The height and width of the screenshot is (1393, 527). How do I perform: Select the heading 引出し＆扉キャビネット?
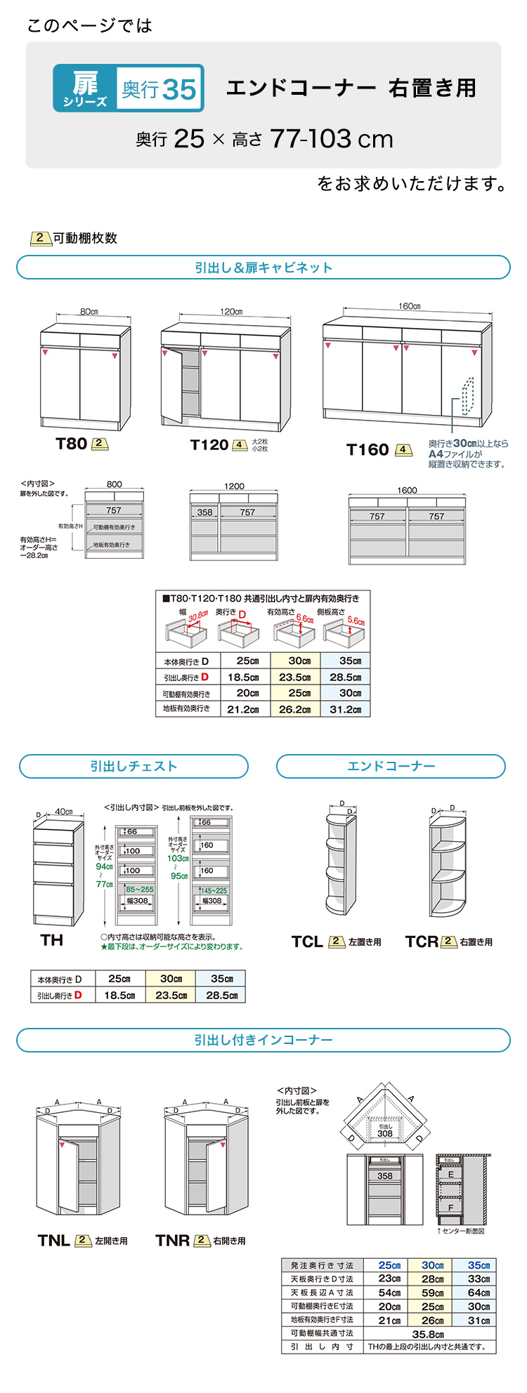tap(263, 268)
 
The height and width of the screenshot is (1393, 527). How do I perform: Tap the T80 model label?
tap(71, 444)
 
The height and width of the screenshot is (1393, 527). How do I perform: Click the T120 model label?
tap(209, 445)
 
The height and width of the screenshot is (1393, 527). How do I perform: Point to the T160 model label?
tap(367, 450)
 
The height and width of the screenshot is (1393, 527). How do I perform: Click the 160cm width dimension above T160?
tap(408, 307)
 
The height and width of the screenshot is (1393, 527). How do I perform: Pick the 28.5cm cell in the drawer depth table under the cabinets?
tap(344, 678)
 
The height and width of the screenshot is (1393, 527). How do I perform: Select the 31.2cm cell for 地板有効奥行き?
tap(344, 709)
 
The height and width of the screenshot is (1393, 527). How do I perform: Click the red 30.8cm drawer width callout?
tap(198, 616)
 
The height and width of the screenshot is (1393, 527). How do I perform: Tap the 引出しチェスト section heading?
tap(134, 767)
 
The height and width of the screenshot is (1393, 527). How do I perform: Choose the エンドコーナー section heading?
tap(391, 767)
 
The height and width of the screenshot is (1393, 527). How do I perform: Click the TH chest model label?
tap(51, 940)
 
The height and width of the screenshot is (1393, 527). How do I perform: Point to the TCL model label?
tap(307, 942)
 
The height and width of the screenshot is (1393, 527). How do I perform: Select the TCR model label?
tap(422, 942)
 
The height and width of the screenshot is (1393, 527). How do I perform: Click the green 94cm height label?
tap(104, 866)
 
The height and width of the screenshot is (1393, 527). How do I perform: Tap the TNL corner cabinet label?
tap(54, 1241)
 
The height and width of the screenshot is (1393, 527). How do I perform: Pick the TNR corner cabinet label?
tap(172, 1241)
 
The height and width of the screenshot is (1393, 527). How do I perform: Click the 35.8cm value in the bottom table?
tap(427, 1334)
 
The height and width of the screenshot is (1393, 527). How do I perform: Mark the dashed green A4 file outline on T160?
tap(467, 397)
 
